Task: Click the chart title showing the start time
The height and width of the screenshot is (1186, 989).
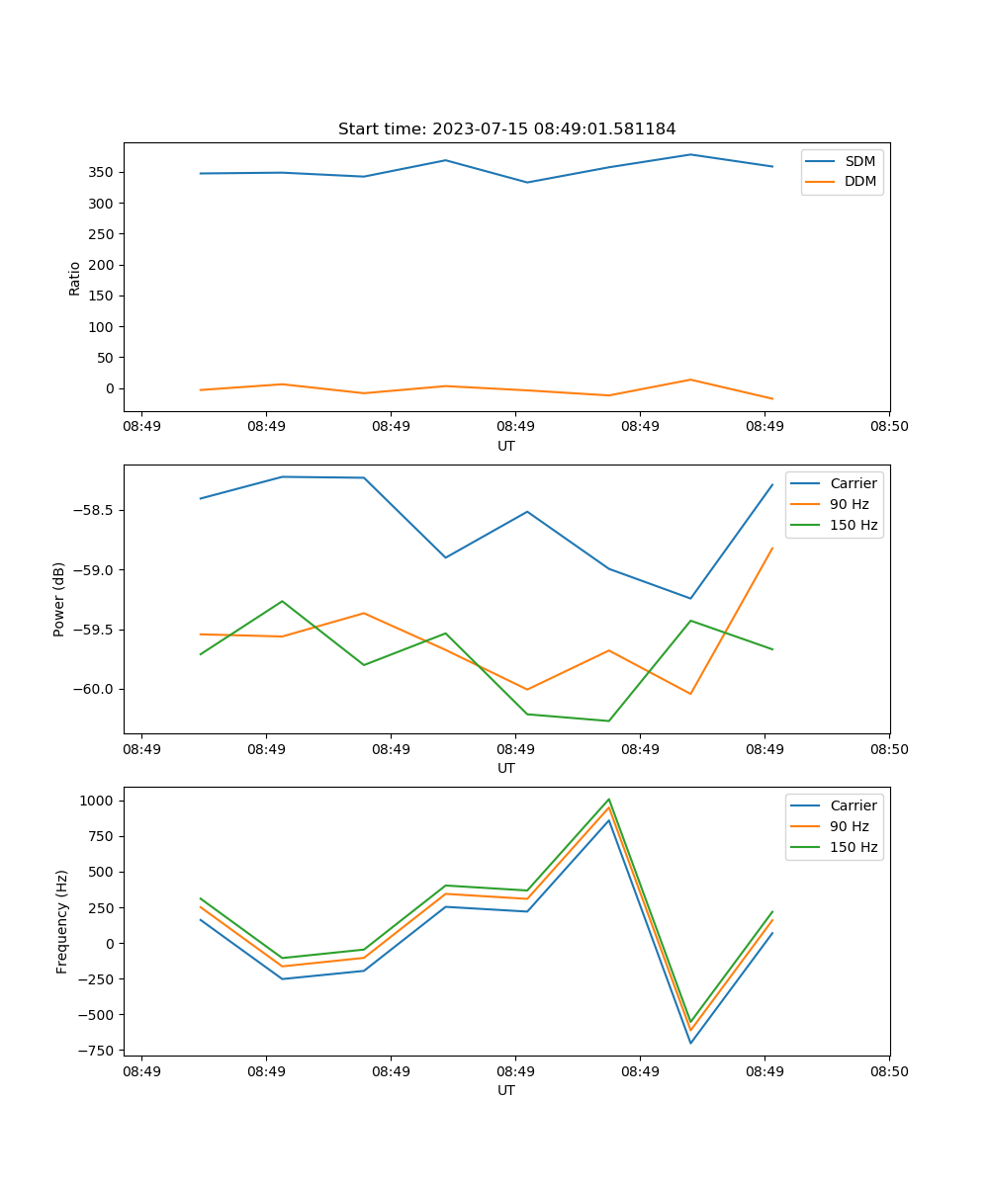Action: click(506, 129)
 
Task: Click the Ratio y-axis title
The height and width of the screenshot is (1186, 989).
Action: click(75, 278)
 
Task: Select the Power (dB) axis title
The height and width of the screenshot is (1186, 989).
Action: click(59, 599)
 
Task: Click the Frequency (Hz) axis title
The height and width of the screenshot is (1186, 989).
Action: click(61, 921)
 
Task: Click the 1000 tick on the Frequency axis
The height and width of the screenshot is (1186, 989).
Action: click(98, 801)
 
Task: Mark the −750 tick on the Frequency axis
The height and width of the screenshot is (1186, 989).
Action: click(96, 1051)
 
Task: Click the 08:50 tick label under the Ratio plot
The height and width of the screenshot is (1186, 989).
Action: click(889, 427)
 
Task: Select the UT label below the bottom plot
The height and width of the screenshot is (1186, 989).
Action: click(506, 1090)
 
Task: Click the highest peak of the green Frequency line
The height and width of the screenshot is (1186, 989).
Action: click(609, 800)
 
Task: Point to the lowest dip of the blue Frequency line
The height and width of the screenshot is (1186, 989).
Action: click(690, 1043)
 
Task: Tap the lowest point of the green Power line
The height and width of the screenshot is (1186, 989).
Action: click(609, 720)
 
